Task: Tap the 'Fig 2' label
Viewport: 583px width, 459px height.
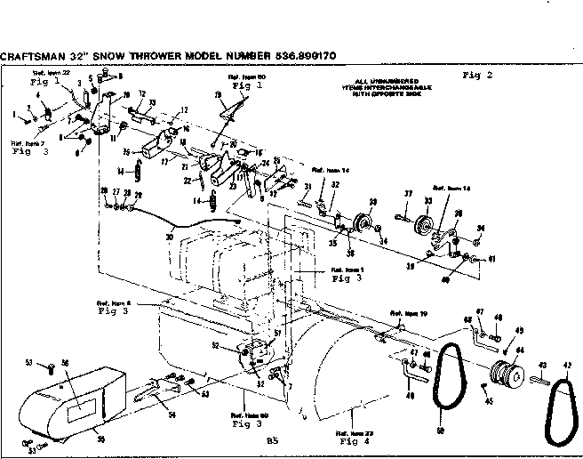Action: click(x=476, y=76)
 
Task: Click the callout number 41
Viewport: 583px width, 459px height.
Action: click(x=491, y=259)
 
